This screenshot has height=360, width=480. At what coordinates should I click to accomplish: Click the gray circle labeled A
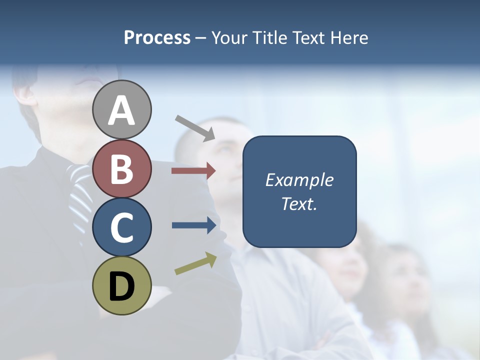pos(121,109)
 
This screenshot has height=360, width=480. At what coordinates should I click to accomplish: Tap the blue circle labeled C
pos(121,227)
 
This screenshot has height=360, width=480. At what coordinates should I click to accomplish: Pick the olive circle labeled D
pos(121,285)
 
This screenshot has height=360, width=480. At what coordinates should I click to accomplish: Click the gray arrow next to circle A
pos(195,127)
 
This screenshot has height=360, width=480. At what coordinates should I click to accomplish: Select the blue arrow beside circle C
pos(193,225)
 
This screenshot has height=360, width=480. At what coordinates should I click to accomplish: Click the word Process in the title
pos(157,38)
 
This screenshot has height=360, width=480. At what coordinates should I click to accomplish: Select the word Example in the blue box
pos(299,180)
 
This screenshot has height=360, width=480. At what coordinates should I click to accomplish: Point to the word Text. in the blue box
pos(299,203)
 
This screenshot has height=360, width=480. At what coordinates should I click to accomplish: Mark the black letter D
pos(121,286)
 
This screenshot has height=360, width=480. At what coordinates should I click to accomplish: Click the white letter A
pos(121,110)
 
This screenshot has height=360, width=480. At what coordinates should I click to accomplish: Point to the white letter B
pos(121,168)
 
